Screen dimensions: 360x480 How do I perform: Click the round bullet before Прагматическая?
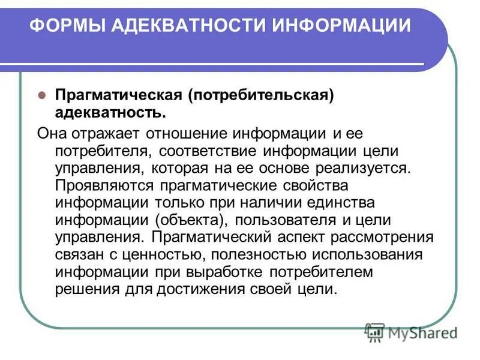(42, 96)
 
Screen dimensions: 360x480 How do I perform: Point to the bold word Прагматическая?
(118, 96)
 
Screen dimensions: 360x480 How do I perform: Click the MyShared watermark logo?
(411, 332)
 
